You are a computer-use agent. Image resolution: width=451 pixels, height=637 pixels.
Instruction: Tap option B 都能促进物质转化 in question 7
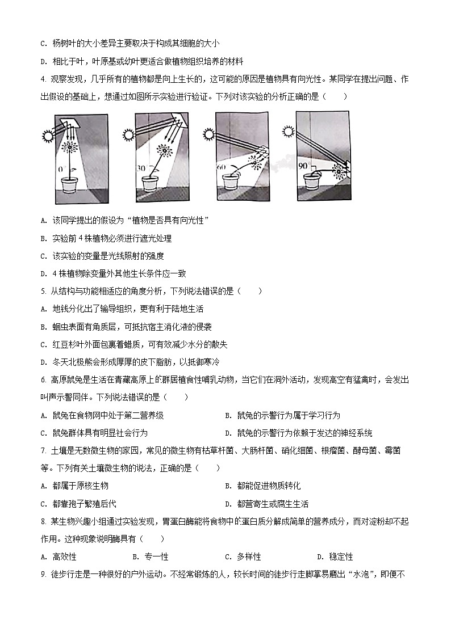(x=262, y=486)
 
